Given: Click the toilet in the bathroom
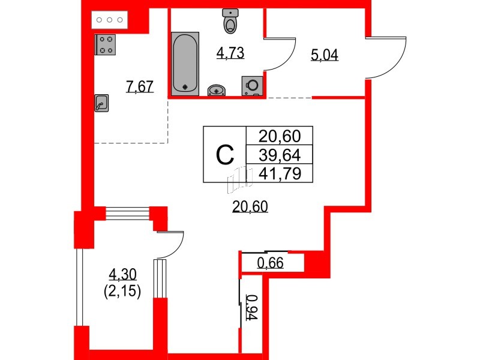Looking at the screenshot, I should [230, 22].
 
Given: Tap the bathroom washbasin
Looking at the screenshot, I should [217, 90].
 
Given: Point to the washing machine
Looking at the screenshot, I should [252, 85].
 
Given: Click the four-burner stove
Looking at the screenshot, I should [106, 45].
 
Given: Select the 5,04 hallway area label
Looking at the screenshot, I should [325, 56].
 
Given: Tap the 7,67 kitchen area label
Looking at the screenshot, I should [140, 87].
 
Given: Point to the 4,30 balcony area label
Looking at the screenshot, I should [123, 275].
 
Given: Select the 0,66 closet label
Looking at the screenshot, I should [270, 262].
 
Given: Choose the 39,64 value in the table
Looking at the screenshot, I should [280, 155].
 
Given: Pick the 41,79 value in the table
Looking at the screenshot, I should [280, 174].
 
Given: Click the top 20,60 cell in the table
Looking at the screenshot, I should [280, 136].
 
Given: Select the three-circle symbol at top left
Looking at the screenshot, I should [110, 20].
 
